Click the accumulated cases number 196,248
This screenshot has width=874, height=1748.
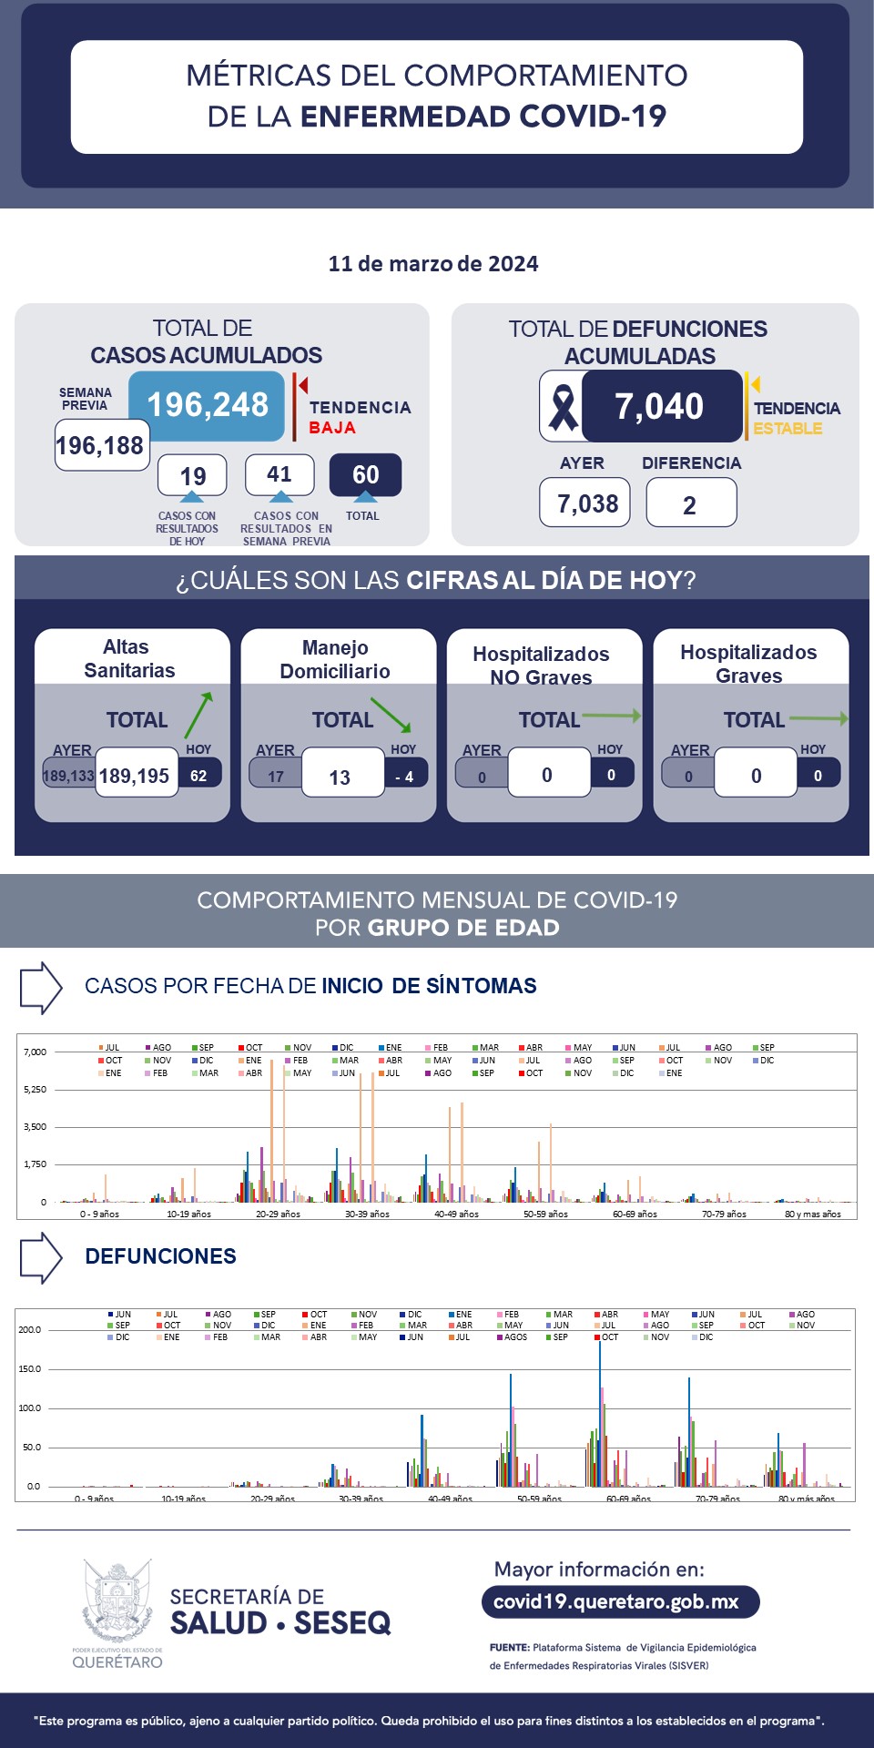coord(208,405)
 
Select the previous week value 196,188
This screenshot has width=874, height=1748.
coord(101,445)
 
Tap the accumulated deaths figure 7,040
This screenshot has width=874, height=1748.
coord(659,406)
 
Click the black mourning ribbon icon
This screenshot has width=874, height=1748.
coord(563,407)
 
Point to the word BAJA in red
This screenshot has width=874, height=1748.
coord(332,428)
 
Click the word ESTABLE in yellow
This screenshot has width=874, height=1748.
coord(788,429)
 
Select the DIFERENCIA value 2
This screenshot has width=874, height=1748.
coord(690,505)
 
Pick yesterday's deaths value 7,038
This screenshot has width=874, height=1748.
coord(587,503)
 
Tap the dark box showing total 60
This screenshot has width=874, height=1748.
coord(365,475)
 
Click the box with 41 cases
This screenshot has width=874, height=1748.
coord(279,474)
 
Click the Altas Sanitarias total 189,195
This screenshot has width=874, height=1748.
coord(135,776)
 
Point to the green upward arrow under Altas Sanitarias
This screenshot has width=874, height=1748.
coord(198,714)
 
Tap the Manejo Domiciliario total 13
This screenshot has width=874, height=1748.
coord(340,777)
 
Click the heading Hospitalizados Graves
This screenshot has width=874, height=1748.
coord(748,664)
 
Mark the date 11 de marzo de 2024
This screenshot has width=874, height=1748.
coord(433,264)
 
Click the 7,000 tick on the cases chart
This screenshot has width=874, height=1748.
coord(35,1052)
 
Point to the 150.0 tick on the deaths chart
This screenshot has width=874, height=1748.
coord(30,1369)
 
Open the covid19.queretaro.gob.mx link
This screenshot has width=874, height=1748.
coord(616,1601)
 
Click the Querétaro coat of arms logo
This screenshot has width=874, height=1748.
coord(117,1601)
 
